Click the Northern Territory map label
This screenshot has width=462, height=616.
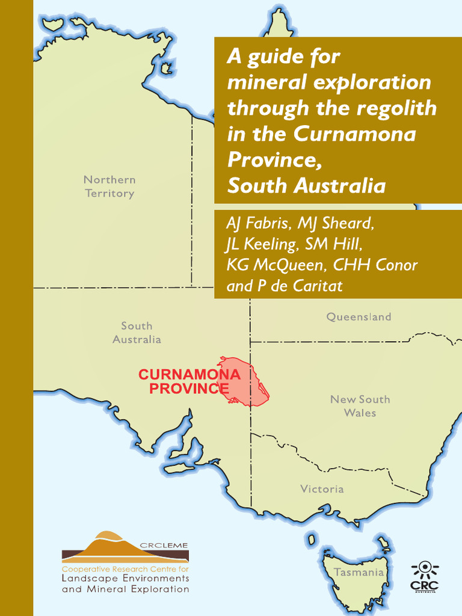[109, 186]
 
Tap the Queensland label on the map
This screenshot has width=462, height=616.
[359, 317]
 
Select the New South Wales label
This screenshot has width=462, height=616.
[360, 406]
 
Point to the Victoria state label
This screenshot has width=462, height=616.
[322, 489]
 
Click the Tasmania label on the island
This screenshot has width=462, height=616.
[359, 572]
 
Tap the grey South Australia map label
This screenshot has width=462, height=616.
[137, 333]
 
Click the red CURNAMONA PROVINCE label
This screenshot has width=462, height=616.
[189, 381]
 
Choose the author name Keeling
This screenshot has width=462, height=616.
[263, 244]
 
